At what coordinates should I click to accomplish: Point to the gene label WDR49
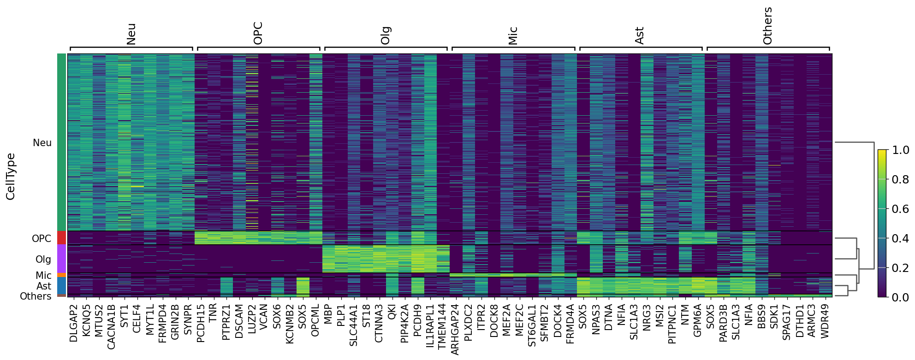(826, 321)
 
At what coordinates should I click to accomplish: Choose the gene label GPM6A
(698, 320)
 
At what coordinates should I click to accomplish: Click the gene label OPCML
(315, 320)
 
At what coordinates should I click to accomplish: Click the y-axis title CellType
(11, 177)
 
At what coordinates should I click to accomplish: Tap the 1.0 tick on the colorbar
(901, 150)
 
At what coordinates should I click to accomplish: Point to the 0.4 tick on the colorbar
(901, 238)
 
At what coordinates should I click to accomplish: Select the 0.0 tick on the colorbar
(901, 297)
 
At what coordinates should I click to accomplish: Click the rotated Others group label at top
(767, 26)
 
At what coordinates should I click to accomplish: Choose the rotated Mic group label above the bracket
(513, 35)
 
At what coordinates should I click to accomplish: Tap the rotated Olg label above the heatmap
(386, 35)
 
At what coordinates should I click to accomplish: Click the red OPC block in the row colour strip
(61, 238)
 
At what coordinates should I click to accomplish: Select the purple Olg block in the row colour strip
(61, 259)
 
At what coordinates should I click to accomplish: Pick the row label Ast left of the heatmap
(44, 286)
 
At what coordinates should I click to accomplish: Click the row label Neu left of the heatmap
(42, 143)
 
